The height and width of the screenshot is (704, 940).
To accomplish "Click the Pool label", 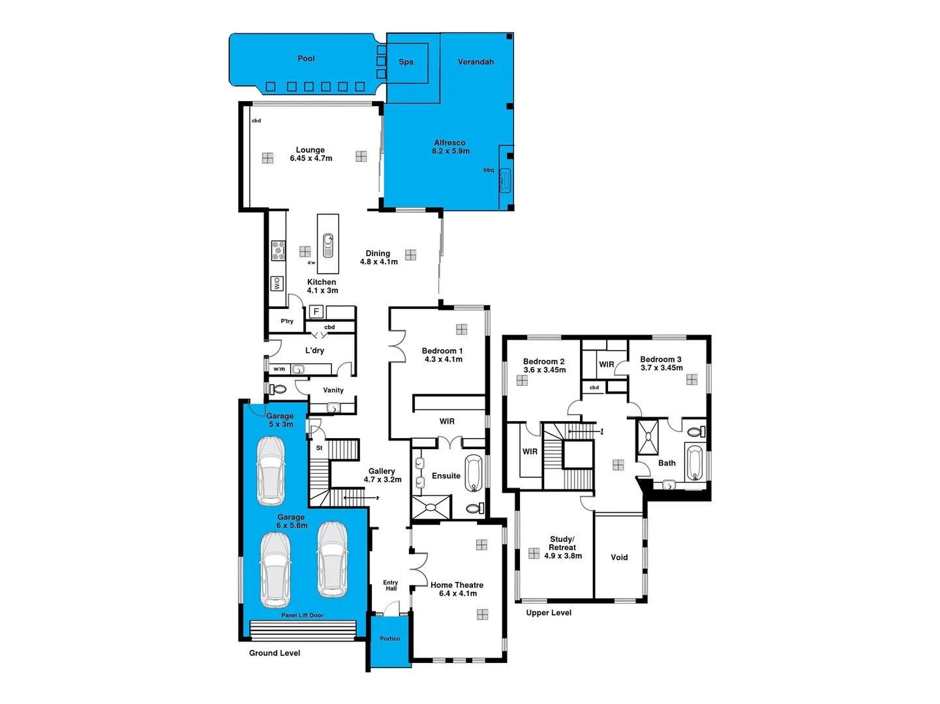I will (x=306, y=59).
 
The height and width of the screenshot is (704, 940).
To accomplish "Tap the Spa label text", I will (x=406, y=62).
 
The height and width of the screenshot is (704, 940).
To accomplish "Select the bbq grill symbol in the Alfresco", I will (x=505, y=180).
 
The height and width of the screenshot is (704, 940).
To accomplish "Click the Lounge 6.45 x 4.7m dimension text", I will (x=311, y=158).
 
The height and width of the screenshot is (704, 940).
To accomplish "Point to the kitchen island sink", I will (x=328, y=245).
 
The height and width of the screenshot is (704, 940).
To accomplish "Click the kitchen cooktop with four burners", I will (x=279, y=250).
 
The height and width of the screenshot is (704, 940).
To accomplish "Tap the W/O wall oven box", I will (x=277, y=284).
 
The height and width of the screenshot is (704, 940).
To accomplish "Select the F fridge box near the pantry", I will (x=316, y=312).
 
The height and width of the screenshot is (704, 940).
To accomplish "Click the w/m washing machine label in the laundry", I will (x=279, y=369).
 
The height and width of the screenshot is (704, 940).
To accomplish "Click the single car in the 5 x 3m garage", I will (x=271, y=471).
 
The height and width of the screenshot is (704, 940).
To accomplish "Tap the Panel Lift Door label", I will (x=302, y=615).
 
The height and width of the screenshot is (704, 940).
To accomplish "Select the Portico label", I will (x=390, y=639).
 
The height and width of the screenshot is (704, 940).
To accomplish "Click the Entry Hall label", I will (x=391, y=585).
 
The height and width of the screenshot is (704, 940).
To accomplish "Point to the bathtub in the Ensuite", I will (x=473, y=473).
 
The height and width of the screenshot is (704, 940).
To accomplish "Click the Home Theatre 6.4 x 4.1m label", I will (x=457, y=589).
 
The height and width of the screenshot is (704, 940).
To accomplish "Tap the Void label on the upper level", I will (x=619, y=557).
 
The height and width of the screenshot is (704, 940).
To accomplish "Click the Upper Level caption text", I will (x=549, y=613).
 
